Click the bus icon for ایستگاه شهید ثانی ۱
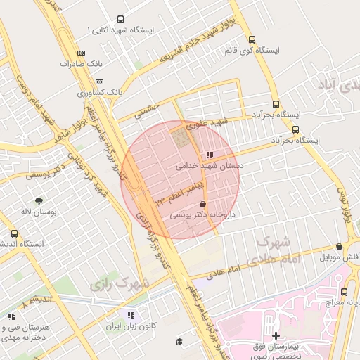(x=120, y=20)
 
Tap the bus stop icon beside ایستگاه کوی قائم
(x=252, y=40)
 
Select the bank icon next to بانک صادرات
(x=81, y=53)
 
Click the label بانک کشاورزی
(x=100, y=92)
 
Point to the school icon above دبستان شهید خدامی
(x=209, y=155)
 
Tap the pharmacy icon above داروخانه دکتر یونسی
(x=203, y=203)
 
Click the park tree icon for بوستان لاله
(x=39, y=200)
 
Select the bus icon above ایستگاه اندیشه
(x=14, y=233)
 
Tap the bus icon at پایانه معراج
(x=345, y=291)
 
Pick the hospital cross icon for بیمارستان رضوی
(x=276, y=336)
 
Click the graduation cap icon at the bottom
(x=179, y=341)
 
